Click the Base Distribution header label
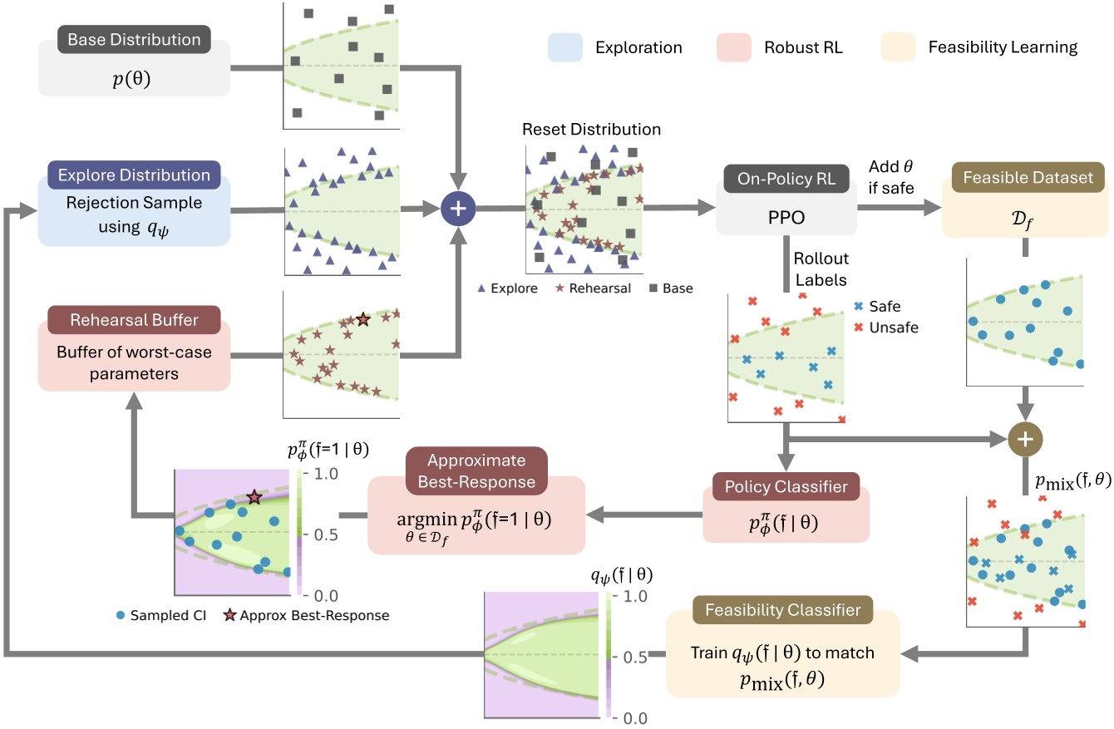tap(134, 40)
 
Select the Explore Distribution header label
tap(134, 175)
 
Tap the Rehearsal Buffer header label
tap(134, 319)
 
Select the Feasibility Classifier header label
tap(782, 611)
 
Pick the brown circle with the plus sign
tap(1024, 436)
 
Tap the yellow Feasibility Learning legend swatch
tap(897, 47)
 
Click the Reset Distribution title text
tap(591, 129)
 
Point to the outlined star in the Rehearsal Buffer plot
tap(362, 319)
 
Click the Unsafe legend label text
tap(893, 328)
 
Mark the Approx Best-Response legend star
tap(231, 616)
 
